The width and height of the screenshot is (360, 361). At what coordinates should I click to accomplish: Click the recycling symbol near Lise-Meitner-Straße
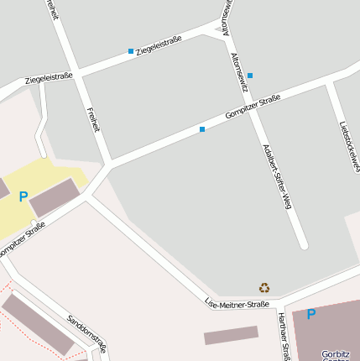(264, 287)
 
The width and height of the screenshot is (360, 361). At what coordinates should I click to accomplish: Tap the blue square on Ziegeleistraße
(131, 51)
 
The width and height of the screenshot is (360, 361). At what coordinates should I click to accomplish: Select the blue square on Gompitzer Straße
(202, 129)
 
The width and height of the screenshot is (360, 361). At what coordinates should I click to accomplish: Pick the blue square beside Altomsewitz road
(250, 76)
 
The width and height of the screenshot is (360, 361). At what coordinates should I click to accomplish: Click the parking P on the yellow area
(23, 196)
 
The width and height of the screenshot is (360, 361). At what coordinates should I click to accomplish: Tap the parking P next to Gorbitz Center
(311, 314)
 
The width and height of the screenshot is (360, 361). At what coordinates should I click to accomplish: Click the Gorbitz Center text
(336, 355)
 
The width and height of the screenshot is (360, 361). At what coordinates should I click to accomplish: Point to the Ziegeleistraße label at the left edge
(49, 78)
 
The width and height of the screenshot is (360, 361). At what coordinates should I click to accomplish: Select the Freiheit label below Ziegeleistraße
(93, 119)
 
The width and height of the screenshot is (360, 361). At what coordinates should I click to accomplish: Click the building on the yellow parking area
(54, 196)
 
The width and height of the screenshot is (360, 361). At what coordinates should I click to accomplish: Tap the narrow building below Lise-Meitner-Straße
(231, 335)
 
